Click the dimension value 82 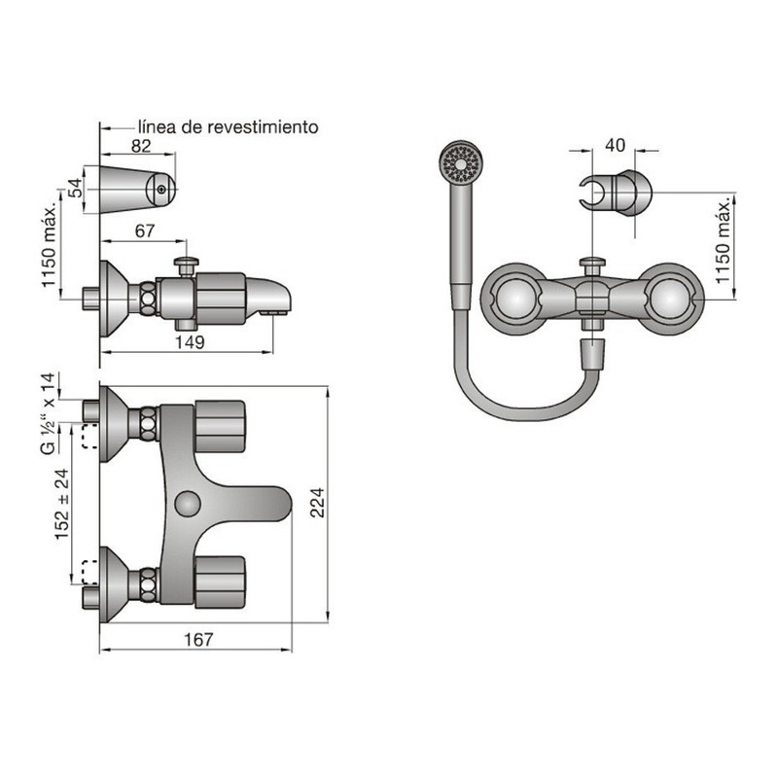(x=141, y=146)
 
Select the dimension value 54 (x=76, y=188)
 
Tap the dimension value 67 (x=145, y=230)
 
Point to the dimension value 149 (x=190, y=342)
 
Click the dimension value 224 (x=317, y=503)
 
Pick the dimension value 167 (x=198, y=640)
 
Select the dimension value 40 (x=616, y=145)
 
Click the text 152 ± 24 (x=62, y=504)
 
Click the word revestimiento (x=263, y=127)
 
